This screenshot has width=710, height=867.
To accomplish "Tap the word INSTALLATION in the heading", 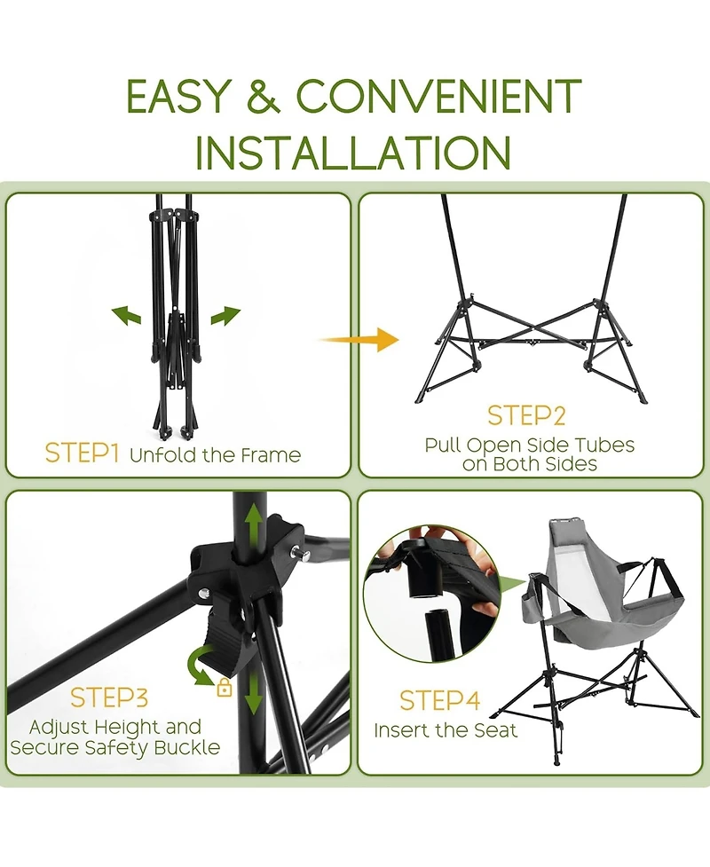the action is click(353, 152).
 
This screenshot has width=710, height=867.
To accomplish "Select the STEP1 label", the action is click(82, 453).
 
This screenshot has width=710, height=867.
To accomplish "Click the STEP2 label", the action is click(526, 416).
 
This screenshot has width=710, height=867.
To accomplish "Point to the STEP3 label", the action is click(109, 698).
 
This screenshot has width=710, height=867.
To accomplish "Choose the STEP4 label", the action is click(439, 700).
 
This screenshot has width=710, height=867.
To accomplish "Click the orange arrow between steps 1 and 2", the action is click(359, 339).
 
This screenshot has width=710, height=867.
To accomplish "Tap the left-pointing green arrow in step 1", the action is click(126, 315).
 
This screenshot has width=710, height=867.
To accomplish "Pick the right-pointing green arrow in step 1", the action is click(225, 315).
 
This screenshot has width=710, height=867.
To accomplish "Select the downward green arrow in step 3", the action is click(254, 691).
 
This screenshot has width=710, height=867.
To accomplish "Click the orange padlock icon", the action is click(224, 687).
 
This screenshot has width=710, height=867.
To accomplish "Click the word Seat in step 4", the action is click(495, 730).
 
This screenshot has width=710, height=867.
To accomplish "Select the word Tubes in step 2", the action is click(604, 445).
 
